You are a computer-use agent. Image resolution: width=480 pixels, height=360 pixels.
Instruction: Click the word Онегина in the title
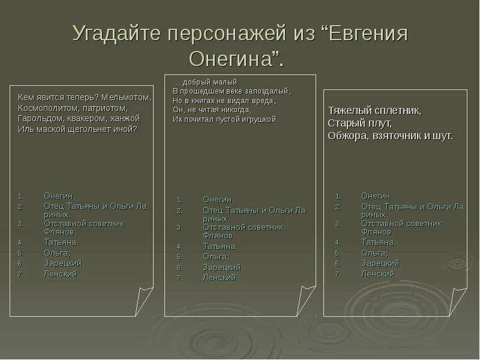click(x=233, y=59)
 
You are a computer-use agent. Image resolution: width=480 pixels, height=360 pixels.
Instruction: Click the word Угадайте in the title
click(x=118, y=34)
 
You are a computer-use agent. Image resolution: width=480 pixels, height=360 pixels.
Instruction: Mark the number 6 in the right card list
click(x=338, y=263)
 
